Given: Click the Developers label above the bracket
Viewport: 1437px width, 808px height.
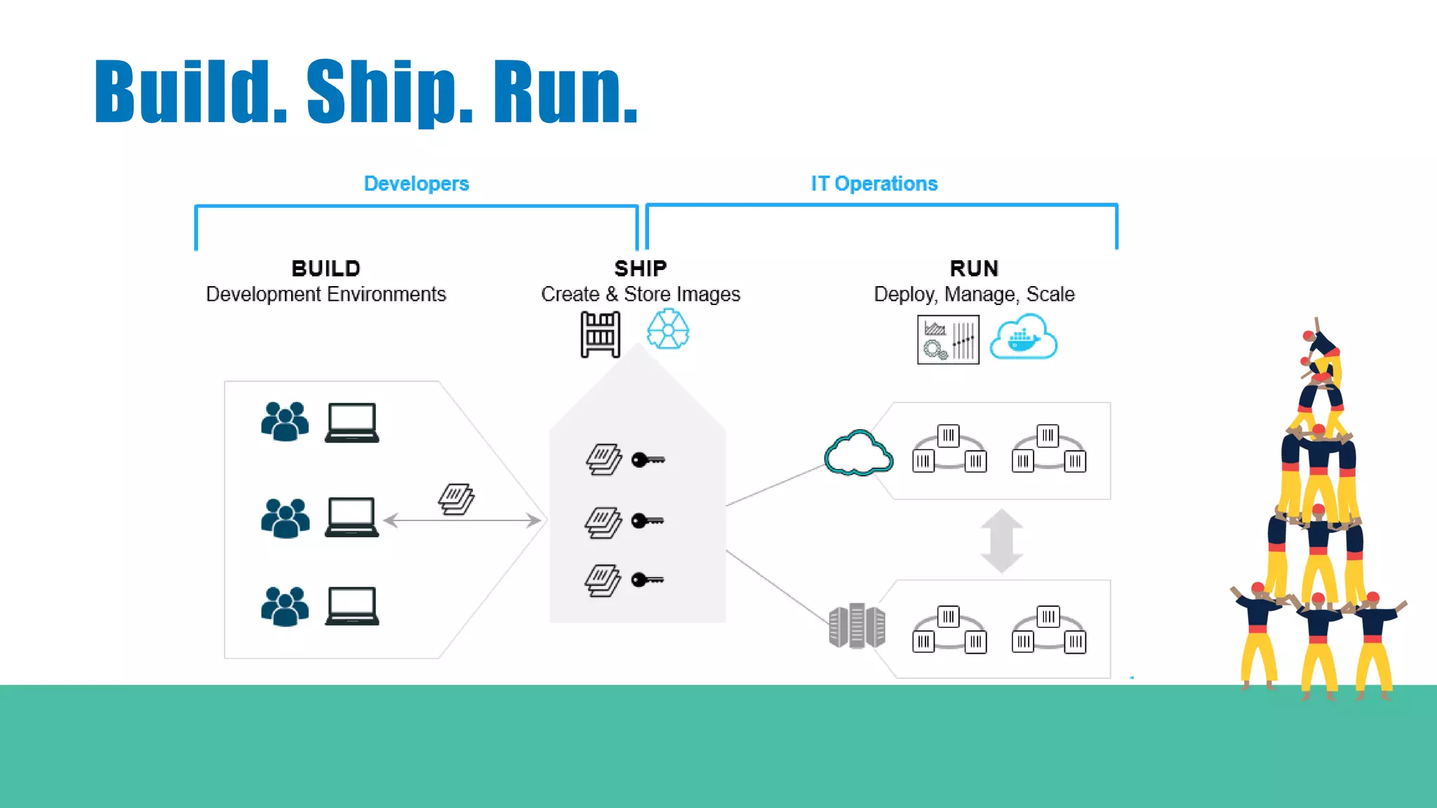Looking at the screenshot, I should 416,184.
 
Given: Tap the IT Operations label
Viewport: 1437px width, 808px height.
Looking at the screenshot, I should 874,184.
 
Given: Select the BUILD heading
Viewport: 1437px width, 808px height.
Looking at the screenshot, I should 326,269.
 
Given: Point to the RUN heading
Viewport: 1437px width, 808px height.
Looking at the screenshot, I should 974,269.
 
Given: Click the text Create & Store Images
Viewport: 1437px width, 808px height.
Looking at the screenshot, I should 640,295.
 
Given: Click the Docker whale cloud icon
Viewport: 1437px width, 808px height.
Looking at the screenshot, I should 1023,338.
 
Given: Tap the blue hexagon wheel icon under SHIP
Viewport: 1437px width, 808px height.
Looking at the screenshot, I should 667,330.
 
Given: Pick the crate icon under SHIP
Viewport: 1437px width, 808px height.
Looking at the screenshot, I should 600,335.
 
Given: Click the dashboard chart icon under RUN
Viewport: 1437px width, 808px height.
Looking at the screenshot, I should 948,339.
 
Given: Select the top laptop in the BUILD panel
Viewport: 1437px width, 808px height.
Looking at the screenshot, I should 352,423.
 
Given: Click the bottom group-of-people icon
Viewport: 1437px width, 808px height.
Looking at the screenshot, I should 285,606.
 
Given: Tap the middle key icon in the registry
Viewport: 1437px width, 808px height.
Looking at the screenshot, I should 647,521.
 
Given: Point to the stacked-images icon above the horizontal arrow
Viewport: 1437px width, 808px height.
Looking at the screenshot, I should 456,499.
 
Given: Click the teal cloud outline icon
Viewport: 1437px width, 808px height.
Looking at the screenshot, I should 858,454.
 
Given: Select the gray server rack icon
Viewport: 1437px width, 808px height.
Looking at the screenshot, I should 857,626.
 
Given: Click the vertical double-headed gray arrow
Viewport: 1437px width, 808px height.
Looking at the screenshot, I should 1001,541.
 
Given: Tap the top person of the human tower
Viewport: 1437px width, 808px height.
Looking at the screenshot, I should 1321,347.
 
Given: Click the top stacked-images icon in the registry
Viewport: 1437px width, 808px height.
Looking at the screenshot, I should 603,460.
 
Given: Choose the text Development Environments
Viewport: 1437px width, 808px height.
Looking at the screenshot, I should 326,295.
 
